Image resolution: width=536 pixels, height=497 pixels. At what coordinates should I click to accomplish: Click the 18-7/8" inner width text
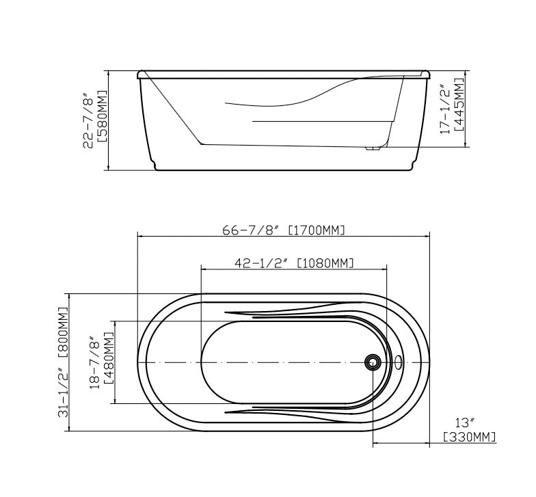point(94,362)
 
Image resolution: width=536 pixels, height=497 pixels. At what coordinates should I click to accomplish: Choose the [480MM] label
point(107,362)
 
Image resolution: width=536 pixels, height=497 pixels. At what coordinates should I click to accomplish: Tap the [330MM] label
point(469,437)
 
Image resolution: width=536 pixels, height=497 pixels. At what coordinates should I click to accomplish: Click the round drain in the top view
point(373,362)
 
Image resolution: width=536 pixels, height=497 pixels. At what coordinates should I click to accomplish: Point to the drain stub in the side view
point(373,147)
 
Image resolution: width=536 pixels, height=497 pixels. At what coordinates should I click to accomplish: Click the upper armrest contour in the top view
point(287,314)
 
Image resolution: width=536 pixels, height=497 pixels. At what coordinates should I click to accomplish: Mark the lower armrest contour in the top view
point(287,410)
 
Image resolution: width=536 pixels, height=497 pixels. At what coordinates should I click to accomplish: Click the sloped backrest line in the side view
point(174,109)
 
